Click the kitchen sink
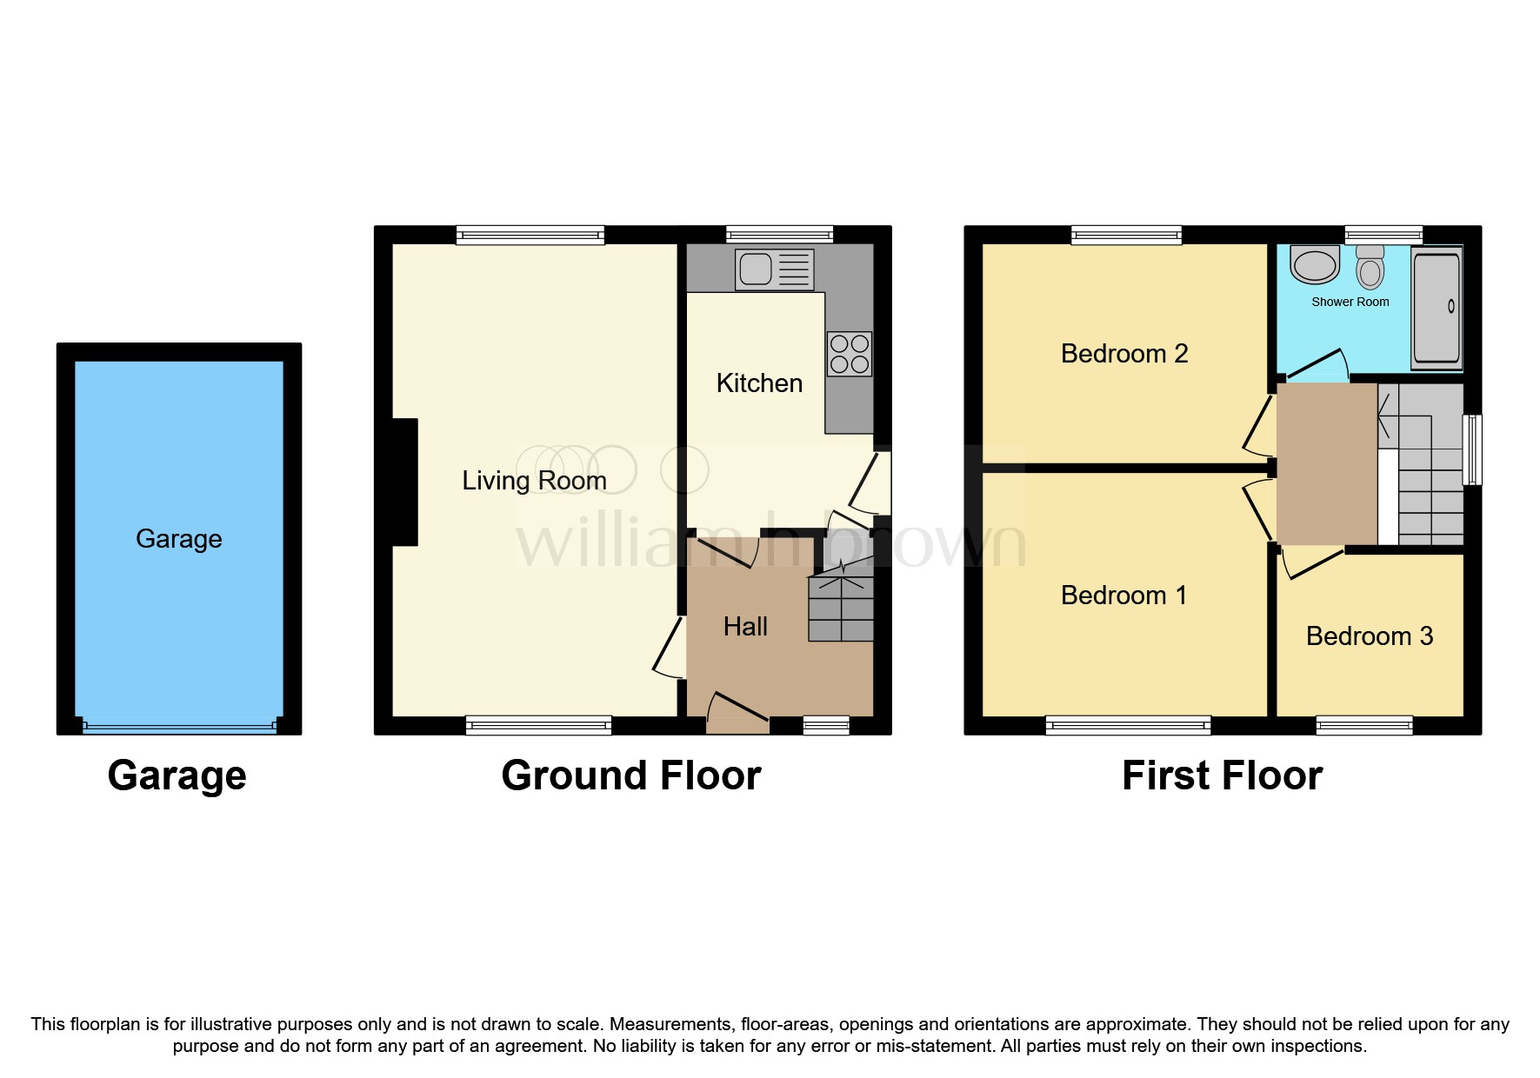(x=774, y=269)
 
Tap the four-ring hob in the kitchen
(x=850, y=354)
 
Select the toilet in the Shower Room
(x=1370, y=268)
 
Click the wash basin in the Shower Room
(x=1315, y=265)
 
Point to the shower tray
(x=1437, y=307)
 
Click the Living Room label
(x=534, y=481)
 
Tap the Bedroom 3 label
(x=1369, y=636)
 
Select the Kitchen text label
(x=759, y=383)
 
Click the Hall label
(x=745, y=627)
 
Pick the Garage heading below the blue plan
(x=177, y=775)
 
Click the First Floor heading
(x=1222, y=775)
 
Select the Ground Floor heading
(x=631, y=775)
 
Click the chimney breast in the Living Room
(x=405, y=482)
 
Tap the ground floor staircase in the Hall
(x=841, y=608)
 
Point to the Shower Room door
(x=1316, y=364)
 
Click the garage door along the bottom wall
(x=179, y=727)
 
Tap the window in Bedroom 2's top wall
(x=1126, y=234)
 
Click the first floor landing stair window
(x=1472, y=449)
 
